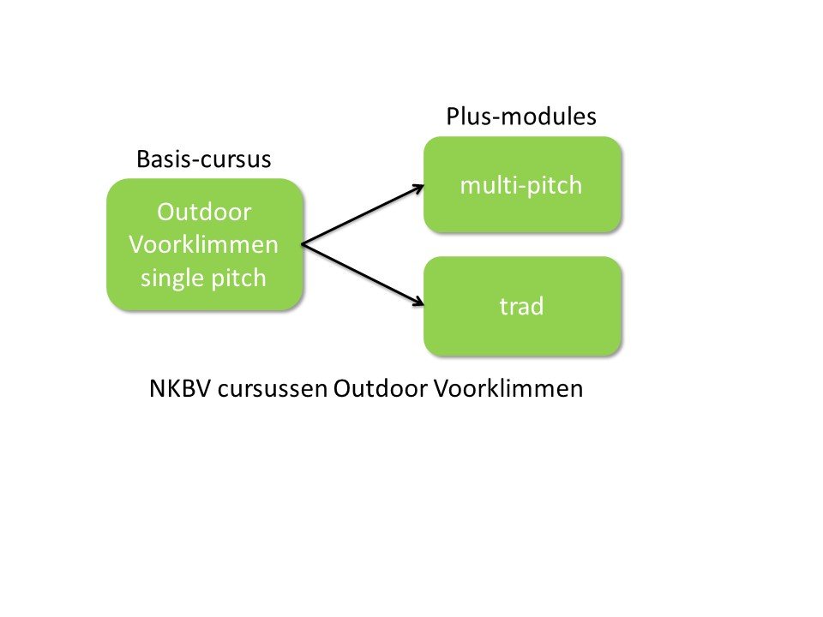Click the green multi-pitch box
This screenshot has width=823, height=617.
pos(521,184)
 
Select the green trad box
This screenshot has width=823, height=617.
pos(521,306)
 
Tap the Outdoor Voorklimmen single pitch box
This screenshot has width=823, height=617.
pos(204,244)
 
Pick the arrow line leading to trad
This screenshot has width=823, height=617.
pos(360,273)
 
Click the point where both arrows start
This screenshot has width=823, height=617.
pos(303,244)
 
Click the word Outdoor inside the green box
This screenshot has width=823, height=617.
pos(204,211)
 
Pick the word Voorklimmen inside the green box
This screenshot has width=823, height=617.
pos(204,244)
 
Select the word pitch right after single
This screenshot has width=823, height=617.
pos(237,279)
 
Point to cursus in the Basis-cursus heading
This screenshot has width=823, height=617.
pos(234,159)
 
